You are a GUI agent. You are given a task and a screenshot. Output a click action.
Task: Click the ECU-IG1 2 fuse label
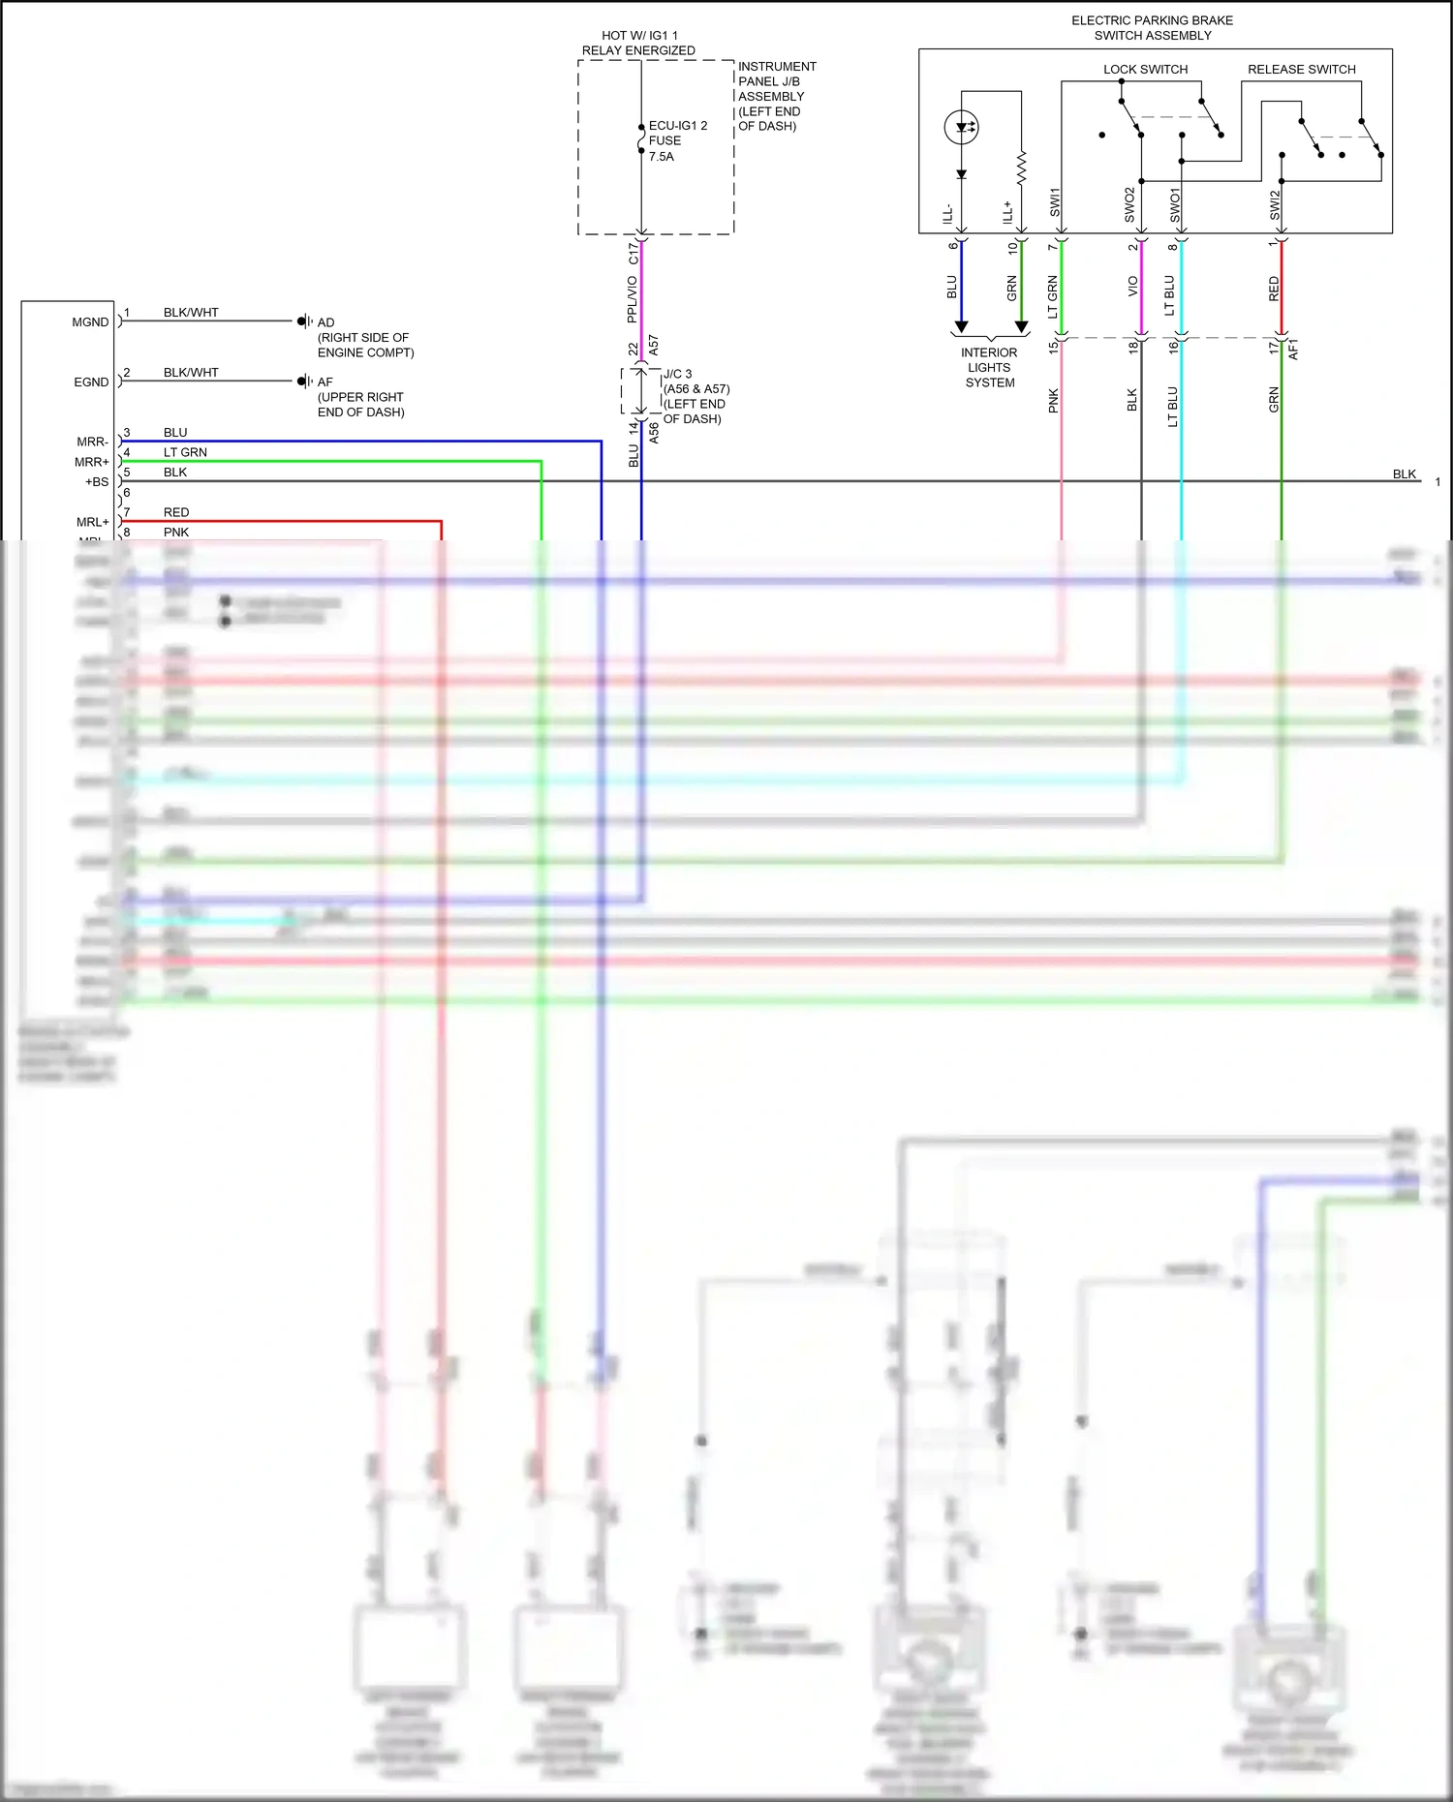677,126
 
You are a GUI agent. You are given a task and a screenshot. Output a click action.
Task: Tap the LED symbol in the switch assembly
961,127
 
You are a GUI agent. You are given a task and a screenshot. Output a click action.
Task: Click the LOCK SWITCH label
1145,70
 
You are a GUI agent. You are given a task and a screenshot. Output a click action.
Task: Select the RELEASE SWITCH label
1301,70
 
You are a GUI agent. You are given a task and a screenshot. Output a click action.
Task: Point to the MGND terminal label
90,322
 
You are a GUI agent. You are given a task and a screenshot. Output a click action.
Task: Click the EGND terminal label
91,382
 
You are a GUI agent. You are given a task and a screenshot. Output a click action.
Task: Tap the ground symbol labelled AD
304,321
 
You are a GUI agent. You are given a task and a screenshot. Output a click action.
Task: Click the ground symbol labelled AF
304,382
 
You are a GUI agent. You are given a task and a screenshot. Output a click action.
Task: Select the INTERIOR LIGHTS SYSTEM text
989,368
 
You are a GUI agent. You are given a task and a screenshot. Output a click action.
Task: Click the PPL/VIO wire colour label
633,299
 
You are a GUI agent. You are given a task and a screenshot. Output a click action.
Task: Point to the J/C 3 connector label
677,374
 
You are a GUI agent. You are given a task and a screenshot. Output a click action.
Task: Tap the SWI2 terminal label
1275,204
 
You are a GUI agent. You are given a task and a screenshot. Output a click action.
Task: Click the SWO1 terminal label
1175,205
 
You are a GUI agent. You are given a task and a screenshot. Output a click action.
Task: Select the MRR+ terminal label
92,462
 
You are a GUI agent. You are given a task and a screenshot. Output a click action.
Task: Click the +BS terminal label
97,482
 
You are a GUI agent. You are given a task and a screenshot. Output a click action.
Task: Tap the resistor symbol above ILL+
1021,168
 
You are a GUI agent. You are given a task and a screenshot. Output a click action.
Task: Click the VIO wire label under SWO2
1132,287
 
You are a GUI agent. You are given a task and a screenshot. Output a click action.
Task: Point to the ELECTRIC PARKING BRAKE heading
1152,20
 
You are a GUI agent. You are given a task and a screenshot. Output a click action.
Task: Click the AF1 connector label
1293,350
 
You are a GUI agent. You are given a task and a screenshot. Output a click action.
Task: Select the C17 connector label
634,253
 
